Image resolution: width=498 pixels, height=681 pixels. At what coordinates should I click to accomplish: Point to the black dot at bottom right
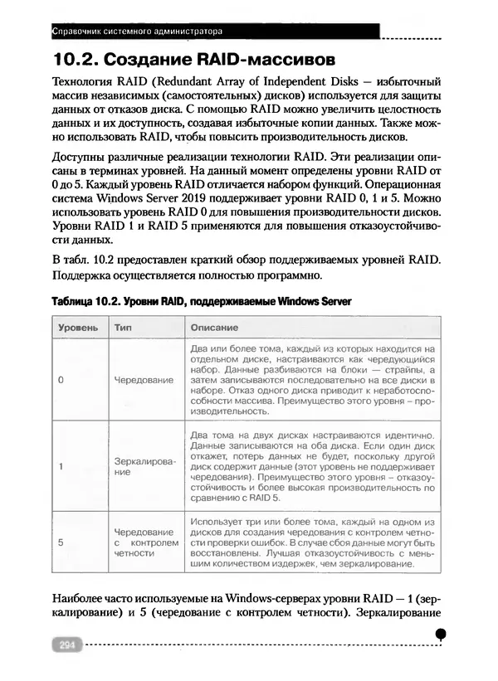(x=441, y=633)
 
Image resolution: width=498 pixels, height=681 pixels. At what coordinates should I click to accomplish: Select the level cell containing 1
(x=61, y=466)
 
